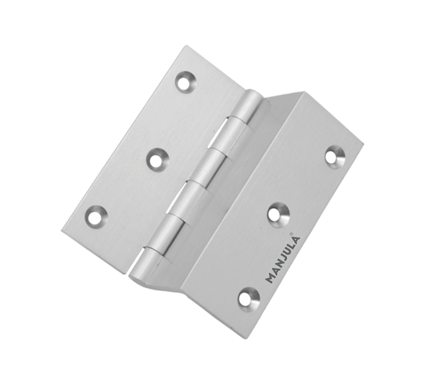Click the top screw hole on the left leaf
pyautogui.click(x=185, y=81)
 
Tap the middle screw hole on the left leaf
pyautogui.click(x=157, y=159)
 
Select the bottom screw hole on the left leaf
pyautogui.click(x=96, y=215)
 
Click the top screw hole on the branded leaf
pyautogui.click(x=335, y=156)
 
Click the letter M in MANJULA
pyautogui.click(x=269, y=278)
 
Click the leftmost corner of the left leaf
pyautogui.click(x=63, y=230)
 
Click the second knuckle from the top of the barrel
pyautogui.click(x=224, y=140)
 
